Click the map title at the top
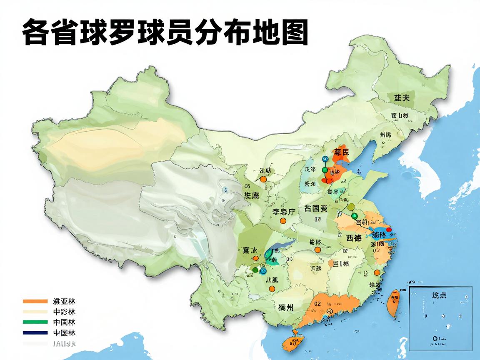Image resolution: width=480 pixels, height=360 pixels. pyautogui.click(x=165, y=32)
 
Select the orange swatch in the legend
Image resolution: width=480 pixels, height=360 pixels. pyautogui.click(x=35, y=301)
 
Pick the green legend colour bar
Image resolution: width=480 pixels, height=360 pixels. pyautogui.click(x=35, y=322)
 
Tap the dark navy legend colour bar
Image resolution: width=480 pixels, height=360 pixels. pyautogui.click(x=35, y=332)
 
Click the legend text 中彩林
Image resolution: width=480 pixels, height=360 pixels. pyautogui.click(x=64, y=312)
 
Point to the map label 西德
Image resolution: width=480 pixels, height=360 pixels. pyautogui.click(x=354, y=238)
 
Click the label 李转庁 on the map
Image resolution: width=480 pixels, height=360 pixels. pyautogui.click(x=284, y=212)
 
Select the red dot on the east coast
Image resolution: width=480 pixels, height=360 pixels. pyautogui.click(x=389, y=229)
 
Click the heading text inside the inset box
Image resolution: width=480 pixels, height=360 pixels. pyautogui.click(x=439, y=295)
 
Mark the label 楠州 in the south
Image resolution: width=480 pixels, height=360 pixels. pyautogui.click(x=286, y=308)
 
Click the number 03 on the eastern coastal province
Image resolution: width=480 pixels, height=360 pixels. pyautogui.click(x=376, y=250)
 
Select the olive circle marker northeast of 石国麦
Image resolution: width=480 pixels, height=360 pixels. pyautogui.click(x=350, y=207)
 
